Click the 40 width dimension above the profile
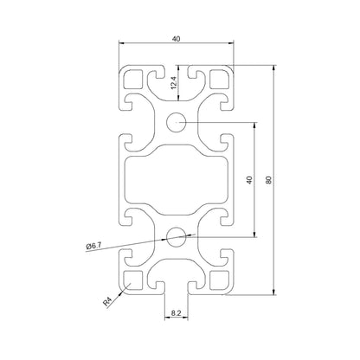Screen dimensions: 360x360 [177, 39]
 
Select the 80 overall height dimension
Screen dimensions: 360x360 [270, 180]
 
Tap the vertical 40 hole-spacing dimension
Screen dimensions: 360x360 [249, 180]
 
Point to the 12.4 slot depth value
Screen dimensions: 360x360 [172, 84]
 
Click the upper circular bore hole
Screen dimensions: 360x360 [177, 121]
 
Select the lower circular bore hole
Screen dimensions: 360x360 [177, 235]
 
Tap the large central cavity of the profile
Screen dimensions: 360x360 [177, 178]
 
